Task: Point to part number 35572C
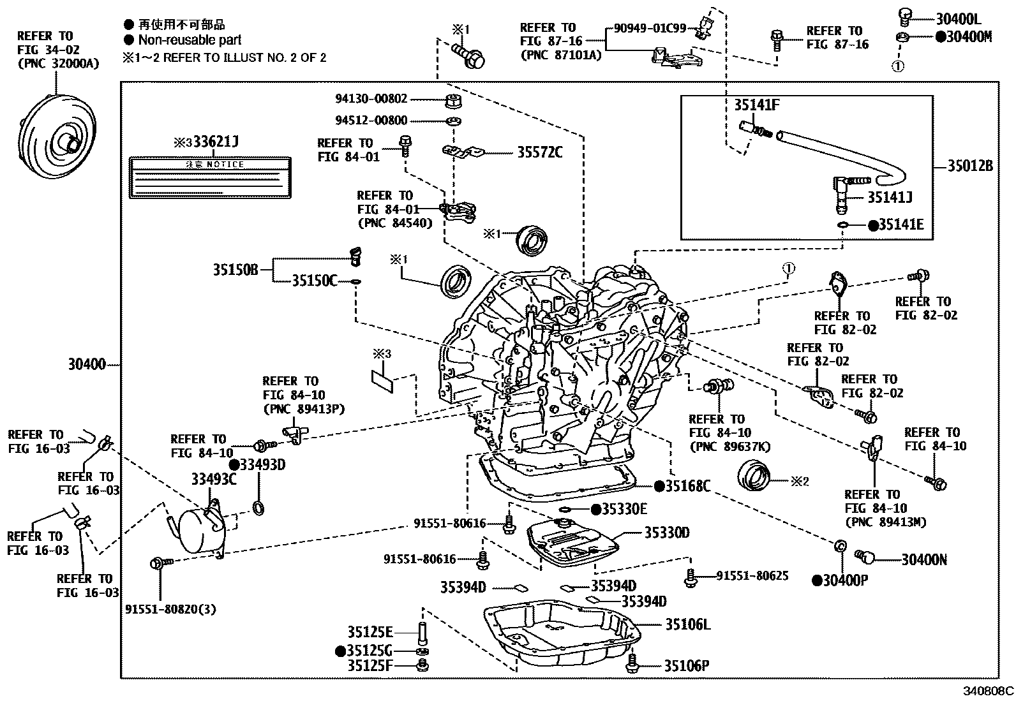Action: pyautogui.click(x=539, y=152)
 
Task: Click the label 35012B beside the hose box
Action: pyautogui.click(x=969, y=166)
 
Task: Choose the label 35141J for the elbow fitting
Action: pyautogui.click(x=889, y=198)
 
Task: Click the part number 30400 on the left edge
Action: pyautogui.click(x=86, y=365)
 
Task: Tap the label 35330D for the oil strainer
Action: pyautogui.click(x=666, y=533)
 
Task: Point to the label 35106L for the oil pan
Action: pyautogui.click(x=687, y=624)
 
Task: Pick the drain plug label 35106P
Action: pyautogui.click(x=686, y=667)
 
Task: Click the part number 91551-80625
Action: pyautogui.click(x=752, y=576)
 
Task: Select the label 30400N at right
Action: pyautogui.click(x=923, y=560)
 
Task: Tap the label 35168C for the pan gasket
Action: pyautogui.click(x=687, y=486)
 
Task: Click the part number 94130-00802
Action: pyautogui.click(x=371, y=99)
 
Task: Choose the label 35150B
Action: pyautogui.click(x=235, y=270)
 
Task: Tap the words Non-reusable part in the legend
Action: pyautogui.click(x=190, y=40)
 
